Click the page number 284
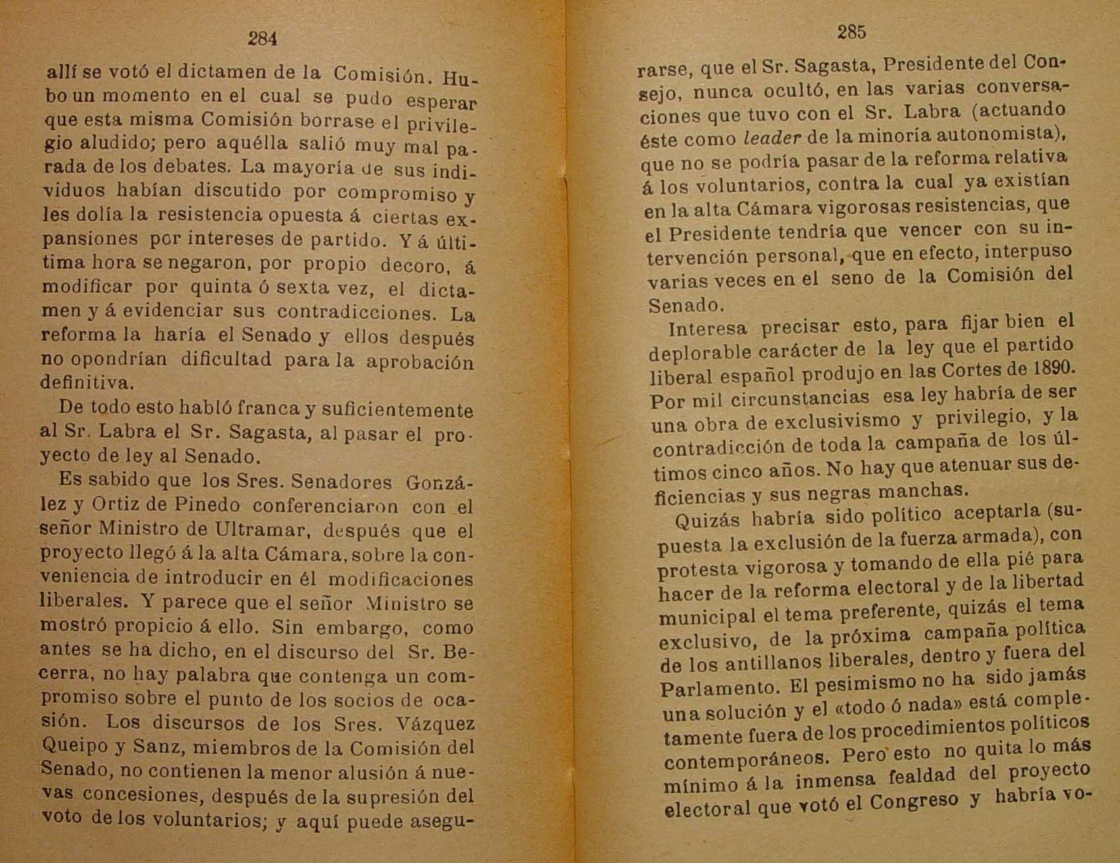[263, 39]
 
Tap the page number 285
[852, 31]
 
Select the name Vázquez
[436, 723]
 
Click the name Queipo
[72, 746]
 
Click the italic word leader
[772, 138]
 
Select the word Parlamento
[708, 688]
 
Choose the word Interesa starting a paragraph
[707, 328]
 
